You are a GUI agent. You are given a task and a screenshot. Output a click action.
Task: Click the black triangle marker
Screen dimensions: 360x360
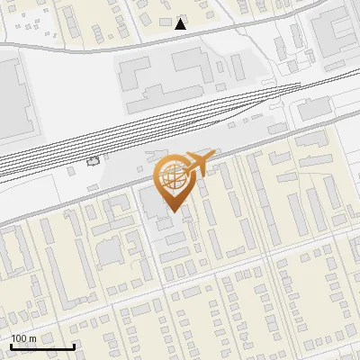[x=181, y=23]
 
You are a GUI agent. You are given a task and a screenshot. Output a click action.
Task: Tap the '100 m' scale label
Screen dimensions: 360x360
[x=23, y=338]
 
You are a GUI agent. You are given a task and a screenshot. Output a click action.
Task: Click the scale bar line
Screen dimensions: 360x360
[x=42, y=346]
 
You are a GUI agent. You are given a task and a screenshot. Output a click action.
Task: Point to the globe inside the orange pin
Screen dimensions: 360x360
[x=172, y=175]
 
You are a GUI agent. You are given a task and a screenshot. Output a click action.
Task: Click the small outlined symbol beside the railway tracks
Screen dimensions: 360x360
[x=93, y=161]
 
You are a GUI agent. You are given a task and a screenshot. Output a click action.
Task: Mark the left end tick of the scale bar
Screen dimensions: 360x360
[x=11, y=346]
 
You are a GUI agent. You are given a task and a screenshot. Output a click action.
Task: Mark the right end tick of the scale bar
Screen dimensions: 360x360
[x=74, y=346]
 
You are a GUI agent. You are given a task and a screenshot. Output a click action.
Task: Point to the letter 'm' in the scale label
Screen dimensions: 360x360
[x=33, y=338]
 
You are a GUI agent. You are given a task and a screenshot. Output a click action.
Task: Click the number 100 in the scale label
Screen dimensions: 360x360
[x=19, y=338]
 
